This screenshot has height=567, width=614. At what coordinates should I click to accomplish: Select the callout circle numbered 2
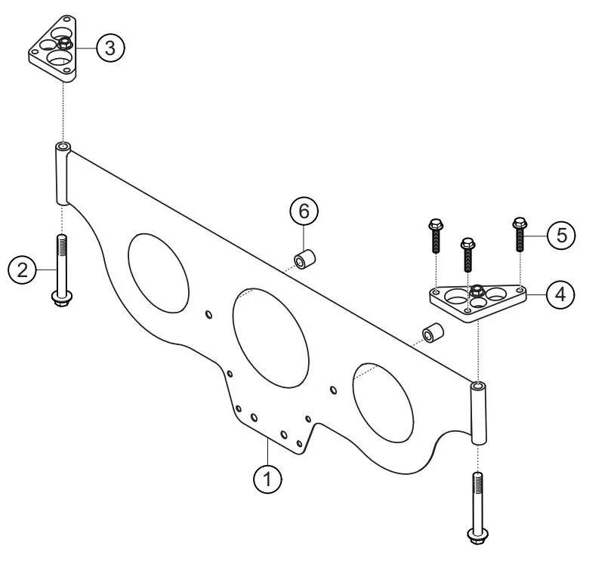tap(23, 270)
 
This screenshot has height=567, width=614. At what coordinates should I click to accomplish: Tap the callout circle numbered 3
tap(110, 48)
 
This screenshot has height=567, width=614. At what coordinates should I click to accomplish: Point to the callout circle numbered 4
tap(559, 294)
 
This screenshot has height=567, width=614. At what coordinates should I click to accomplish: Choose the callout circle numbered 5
tap(560, 235)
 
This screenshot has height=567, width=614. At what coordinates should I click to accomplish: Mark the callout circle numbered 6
tap(304, 211)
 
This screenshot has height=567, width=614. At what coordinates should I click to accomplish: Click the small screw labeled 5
tap(520, 236)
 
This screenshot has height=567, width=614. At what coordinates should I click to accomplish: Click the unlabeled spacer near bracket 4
tap(431, 333)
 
